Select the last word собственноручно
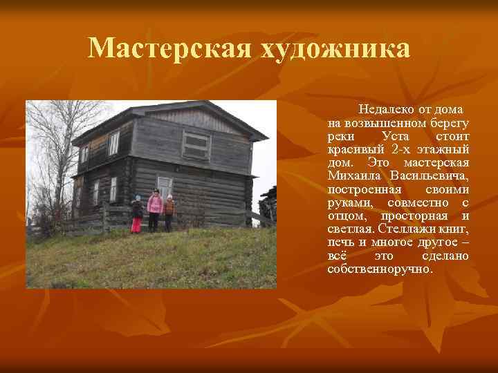click(x=380, y=269)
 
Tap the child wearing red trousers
click(x=137, y=214)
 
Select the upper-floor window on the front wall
click(x=196, y=145)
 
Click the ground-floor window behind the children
click(x=165, y=185)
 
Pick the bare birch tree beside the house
click(x=52, y=159)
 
